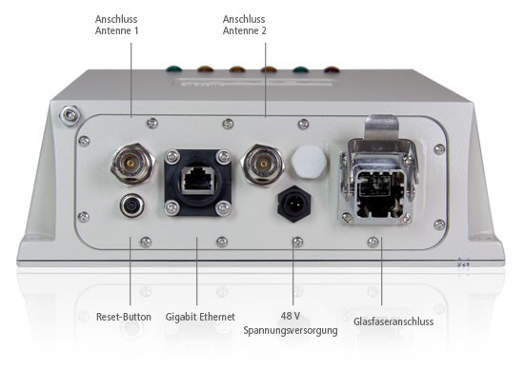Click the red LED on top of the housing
click(332, 68)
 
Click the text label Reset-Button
click(124, 317)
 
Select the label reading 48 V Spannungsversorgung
click(291, 323)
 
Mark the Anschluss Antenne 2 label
click(245, 25)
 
